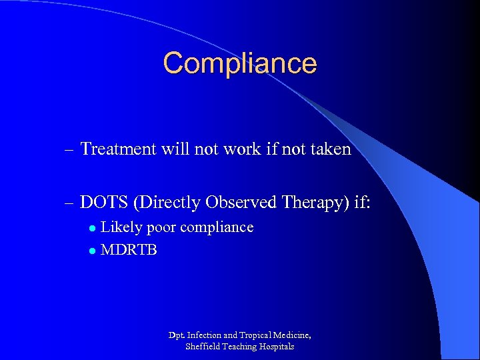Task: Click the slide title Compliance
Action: [x=240, y=63]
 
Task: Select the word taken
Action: [x=329, y=149]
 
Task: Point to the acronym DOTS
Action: [x=105, y=201]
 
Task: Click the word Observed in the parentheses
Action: [x=237, y=201]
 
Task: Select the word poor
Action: [x=161, y=228]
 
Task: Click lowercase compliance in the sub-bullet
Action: [x=217, y=228]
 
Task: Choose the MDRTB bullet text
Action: [x=129, y=251]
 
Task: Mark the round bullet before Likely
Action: [x=93, y=229]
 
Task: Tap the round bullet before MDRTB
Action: [x=93, y=251]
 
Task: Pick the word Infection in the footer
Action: [x=207, y=335]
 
